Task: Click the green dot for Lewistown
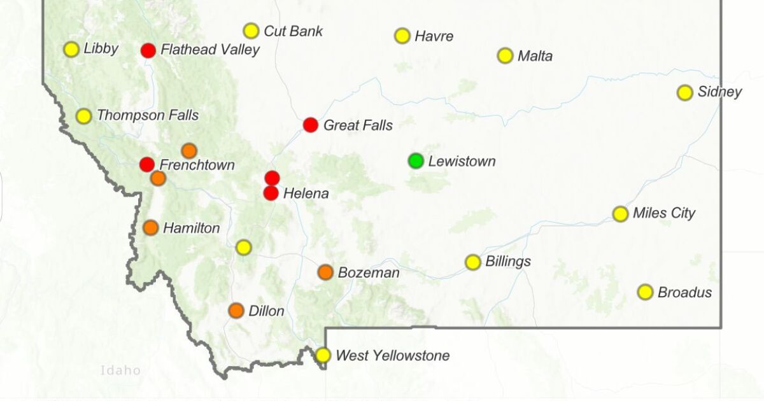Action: [x=416, y=161]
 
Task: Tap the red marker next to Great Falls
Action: [x=310, y=125]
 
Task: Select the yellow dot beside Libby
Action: [x=71, y=49]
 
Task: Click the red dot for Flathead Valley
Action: [x=148, y=50]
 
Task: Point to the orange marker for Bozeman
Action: [x=325, y=272]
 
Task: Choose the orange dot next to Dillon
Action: [x=236, y=311]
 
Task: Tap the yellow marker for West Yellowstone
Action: [x=323, y=355]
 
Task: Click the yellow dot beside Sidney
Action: [x=684, y=92]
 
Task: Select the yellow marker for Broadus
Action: [x=645, y=292]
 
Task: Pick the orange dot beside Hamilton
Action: [x=151, y=227]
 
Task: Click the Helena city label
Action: [x=306, y=193]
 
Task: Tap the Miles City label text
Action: [x=663, y=213]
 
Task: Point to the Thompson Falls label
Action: [x=147, y=116]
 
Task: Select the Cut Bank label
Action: [x=293, y=31]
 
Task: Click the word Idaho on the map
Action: [x=120, y=370]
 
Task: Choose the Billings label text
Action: [x=507, y=262]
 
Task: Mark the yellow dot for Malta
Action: [x=505, y=55]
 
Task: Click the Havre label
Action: [x=434, y=36]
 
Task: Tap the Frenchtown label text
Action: [x=197, y=165]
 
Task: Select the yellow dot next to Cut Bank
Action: [x=251, y=31]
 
